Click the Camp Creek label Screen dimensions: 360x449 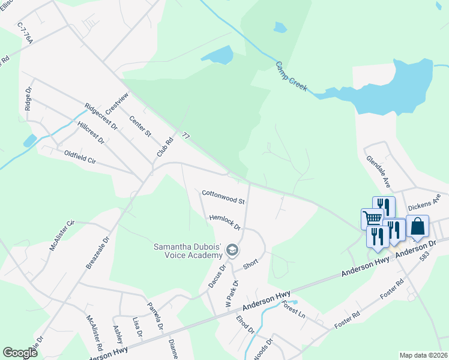pyautogui.click(x=292, y=76)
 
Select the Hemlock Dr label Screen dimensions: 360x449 pyautogui.click(x=224, y=223)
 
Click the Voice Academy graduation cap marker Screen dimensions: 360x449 pyautogui.click(x=232, y=249)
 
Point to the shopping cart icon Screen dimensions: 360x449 pyautogui.click(x=372, y=218)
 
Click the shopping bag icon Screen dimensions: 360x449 pyautogui.click(x=418, y=226)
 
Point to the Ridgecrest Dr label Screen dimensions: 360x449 pyautogui.click(x=101, y=116)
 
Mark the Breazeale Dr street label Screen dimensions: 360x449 pyautogui.click(x=98, y=251)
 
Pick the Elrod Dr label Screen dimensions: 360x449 pyautogui.click(x=246, y=325)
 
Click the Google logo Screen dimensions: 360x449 pyautogui.click(x=20, y=353)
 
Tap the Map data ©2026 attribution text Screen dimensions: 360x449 pyautogui.click(x=424, y=355)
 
